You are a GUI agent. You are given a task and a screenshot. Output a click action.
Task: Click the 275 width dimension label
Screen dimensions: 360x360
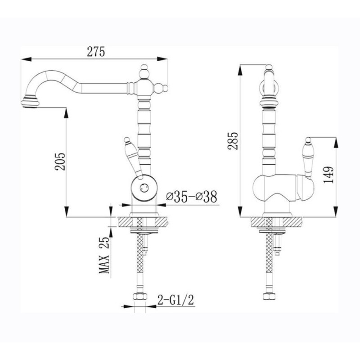(x=96, y=52)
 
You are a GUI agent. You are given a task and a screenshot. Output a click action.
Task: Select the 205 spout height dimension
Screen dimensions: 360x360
(x=60, y=162)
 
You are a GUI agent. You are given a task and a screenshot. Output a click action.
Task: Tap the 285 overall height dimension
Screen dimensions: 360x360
(x=233, y=141)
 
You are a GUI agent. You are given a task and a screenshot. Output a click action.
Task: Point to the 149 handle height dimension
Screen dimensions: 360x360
(x=328, y=175)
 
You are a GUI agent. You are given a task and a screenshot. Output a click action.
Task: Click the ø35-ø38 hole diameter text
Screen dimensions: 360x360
(x=192, y=197)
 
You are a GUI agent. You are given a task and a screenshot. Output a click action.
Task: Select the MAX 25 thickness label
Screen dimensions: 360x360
(x=104, y=255)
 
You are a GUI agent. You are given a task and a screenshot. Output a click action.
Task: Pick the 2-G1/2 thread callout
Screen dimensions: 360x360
(x=175, y=300)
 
